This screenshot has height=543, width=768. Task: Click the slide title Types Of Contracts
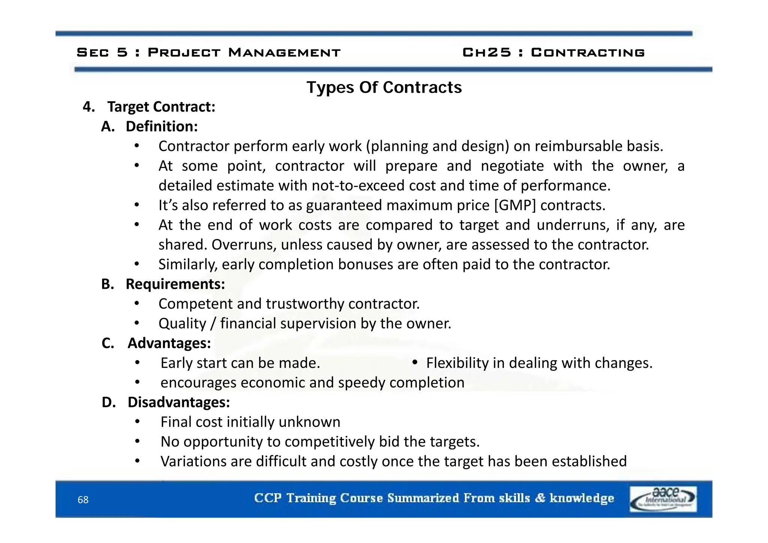(x=384, y=88)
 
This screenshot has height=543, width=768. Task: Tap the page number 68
(x=83, y=500)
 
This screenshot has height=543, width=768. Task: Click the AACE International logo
(x=663, y=499)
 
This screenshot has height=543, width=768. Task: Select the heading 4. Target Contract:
(x=149, y=107)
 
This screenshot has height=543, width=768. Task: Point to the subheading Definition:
(x=162, y=127)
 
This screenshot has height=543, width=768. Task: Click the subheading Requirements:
(x=175, y=284)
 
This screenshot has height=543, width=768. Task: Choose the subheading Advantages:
(x=169, y=343)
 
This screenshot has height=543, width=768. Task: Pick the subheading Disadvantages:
(x=178, y=402)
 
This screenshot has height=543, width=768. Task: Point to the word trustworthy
(x=304, y=304)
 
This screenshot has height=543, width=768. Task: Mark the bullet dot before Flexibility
(x=414, y=362)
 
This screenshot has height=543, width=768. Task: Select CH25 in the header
(x=486, y=52)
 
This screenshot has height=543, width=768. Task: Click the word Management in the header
(x=284, y=52)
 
